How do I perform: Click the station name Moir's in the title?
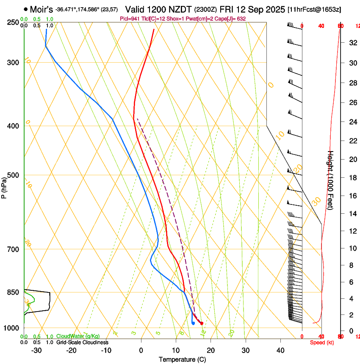click(42, 9)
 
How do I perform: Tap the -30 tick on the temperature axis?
click(37, 350)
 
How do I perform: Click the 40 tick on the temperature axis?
click(280, 350)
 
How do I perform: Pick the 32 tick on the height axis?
click(352, 43)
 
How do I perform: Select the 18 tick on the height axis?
click(352, 178)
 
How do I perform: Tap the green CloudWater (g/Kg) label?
click(78, 336)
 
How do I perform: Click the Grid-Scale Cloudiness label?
click(82, 342)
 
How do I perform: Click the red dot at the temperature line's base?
click(202, 323)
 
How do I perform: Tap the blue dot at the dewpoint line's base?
click(193, 323)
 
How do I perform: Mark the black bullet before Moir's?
click(26, 9)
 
